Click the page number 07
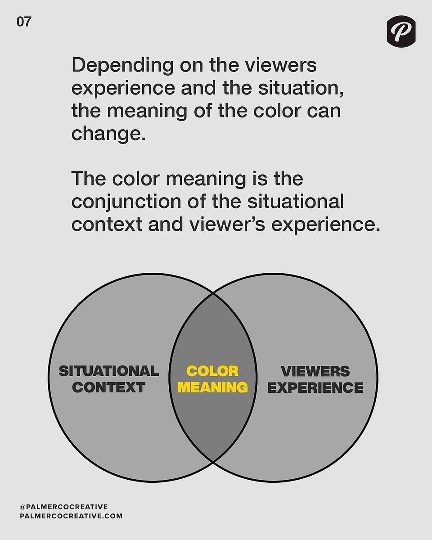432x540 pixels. point(24,22)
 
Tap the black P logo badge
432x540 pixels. point(401,31)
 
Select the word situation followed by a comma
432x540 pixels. point(301,88)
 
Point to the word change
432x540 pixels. point(109,134)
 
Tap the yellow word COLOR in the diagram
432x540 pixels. point(212,371)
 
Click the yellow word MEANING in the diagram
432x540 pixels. point(212,387)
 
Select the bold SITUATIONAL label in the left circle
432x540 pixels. point(109,371)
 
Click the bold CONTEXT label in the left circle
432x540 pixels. point(109,387)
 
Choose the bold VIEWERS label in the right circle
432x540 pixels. point(315,371)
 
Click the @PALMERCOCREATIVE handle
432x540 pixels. point(64,507)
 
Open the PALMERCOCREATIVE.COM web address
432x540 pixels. point(71,516)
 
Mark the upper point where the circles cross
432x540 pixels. point(213,292)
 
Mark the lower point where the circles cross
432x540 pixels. point(213,461)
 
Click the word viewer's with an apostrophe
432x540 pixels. point(227,225)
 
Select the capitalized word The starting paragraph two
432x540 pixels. point(89,178)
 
